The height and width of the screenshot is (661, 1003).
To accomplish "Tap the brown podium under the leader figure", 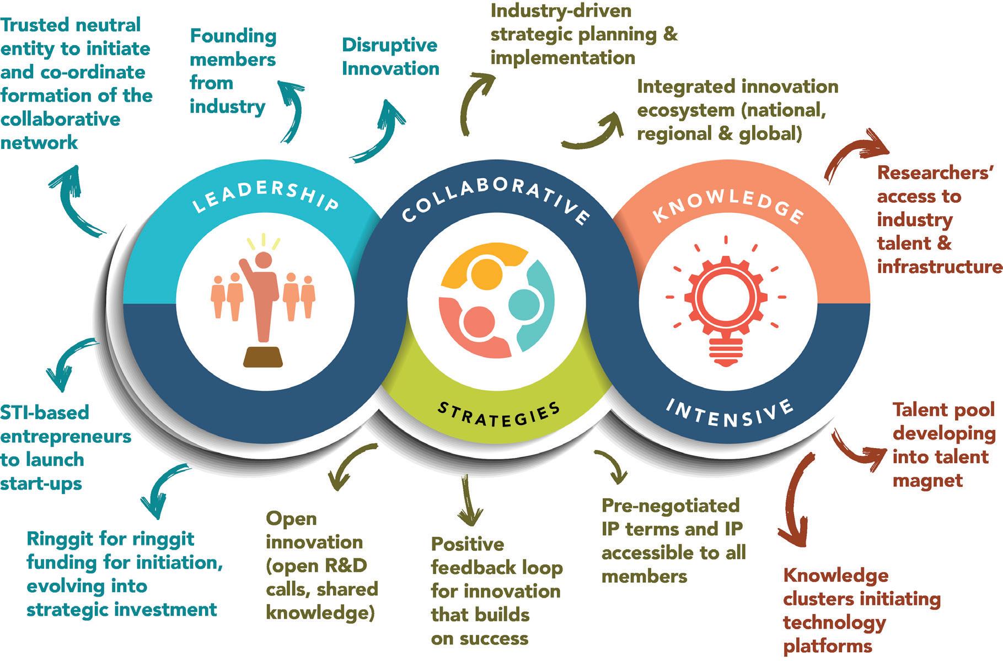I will [263, 357].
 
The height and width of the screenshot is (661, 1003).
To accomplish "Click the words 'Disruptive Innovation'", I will [390, 57].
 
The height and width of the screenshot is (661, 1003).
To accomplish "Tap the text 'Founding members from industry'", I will [232, 71].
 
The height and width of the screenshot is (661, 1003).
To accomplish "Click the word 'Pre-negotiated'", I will [670, 505].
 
